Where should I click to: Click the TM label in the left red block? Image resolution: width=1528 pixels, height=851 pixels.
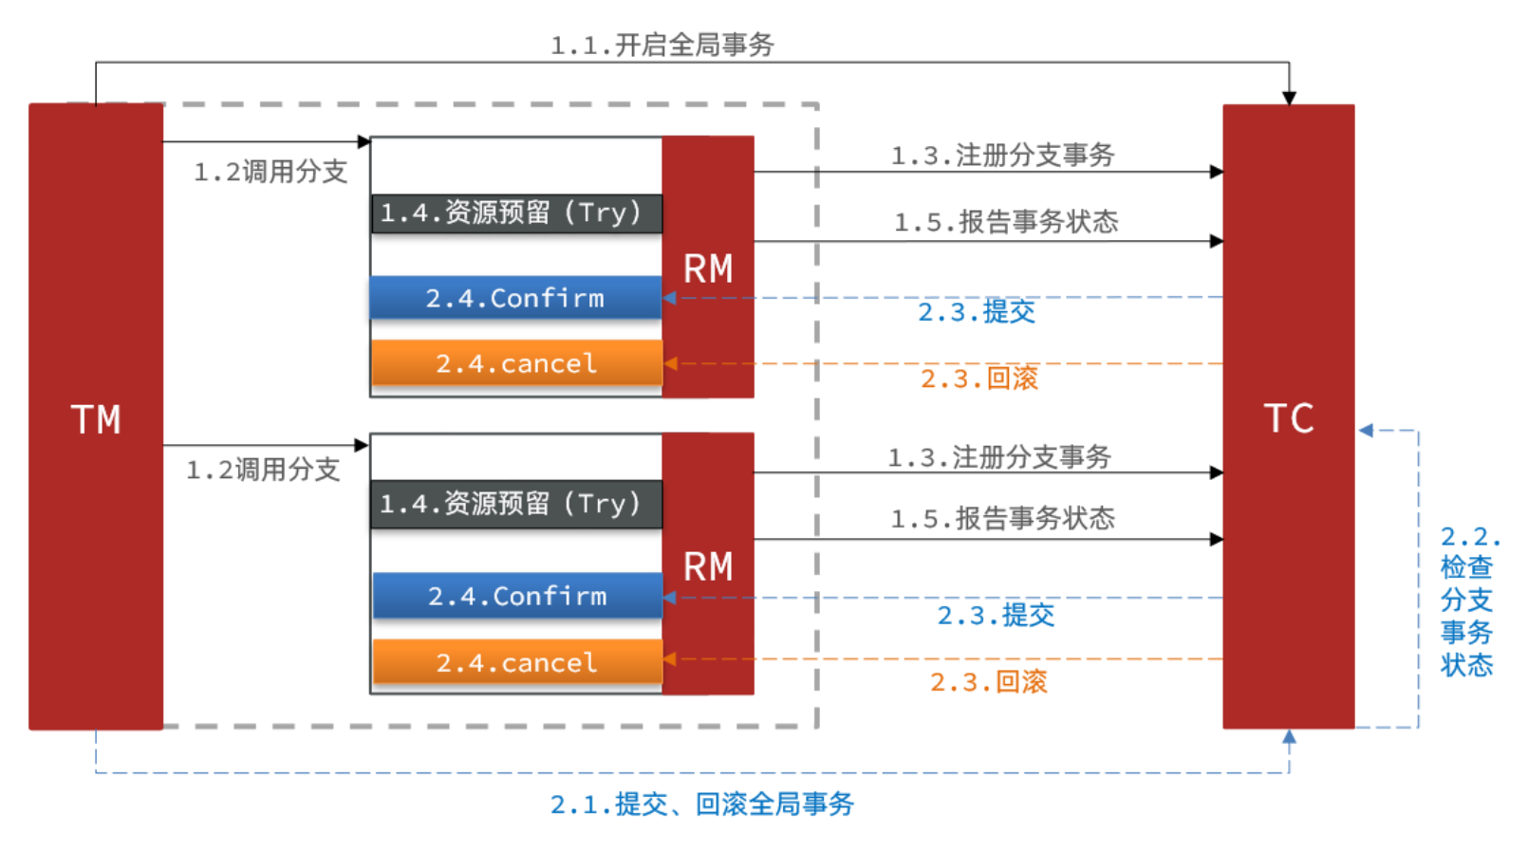[x=96, y=419]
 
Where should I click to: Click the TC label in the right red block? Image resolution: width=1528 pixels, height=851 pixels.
[x=1289, y=418]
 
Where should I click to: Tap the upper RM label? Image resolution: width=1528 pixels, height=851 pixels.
[x=708, y=269]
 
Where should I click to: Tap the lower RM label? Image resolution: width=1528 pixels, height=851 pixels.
[x=708, y=567]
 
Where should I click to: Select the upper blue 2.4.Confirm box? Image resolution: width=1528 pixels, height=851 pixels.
[x=515, y=298]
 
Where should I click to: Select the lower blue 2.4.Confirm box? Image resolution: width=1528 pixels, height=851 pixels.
[x=517, y=596]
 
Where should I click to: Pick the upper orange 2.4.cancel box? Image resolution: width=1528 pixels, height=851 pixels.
[x=516, y=363]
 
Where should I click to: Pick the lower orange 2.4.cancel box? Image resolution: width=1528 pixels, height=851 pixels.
[x=517, y=662]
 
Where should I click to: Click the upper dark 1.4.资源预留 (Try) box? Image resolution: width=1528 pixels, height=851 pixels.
[x=515, y=213]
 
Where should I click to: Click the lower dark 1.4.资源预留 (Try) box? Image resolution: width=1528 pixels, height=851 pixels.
[x=515, y=504]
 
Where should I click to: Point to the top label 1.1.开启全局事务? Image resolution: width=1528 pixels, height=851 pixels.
[x=662, y=45]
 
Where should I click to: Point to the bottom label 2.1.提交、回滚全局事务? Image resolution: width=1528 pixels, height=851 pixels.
[x=702, y=805]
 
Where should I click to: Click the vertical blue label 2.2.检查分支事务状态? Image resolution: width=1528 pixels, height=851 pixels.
[x=1467, y=601]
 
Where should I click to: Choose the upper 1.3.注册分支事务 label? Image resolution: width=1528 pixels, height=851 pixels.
[x=1002, y=156]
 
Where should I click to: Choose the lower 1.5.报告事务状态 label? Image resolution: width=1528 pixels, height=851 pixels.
[x=1002, y=519]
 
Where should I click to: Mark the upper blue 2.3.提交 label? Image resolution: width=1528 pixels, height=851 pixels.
[x=976, y=312]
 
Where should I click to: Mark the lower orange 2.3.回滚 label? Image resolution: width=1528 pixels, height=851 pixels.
[x=988, y=682]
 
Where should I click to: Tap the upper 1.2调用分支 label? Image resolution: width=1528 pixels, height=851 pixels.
[x=270, y=172]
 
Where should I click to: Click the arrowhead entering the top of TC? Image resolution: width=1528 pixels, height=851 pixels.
[x=1289, y=98]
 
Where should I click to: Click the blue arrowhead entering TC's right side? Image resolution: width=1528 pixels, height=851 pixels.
[x=1366, y=431]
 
